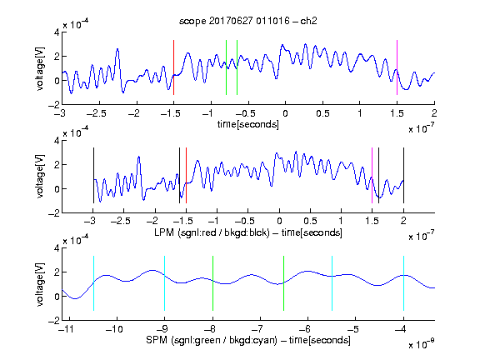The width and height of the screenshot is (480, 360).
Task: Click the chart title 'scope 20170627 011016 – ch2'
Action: (247, 21)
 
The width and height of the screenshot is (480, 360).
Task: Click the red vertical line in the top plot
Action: (173, 67)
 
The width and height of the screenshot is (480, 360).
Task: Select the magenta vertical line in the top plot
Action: (397, 67)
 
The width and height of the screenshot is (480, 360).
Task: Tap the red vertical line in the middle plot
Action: (186, 175)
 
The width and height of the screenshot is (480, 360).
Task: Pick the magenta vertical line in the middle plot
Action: (372, 175)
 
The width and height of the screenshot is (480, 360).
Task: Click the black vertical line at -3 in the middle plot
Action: (93, 175)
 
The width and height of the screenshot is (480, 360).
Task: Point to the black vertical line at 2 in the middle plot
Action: (403, 175)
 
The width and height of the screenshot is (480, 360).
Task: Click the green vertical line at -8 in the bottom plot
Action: (212, 283)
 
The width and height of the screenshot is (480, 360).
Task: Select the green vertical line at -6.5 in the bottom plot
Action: (284, 283)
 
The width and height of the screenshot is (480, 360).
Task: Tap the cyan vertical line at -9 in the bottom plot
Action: (164, 283)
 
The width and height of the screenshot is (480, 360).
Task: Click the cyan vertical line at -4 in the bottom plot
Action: (403, 283)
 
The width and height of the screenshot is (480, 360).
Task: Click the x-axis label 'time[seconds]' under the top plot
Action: (248, 124)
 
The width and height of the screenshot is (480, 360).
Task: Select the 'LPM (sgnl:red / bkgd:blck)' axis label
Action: (212, 232)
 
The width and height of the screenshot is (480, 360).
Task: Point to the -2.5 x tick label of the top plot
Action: (96, 113)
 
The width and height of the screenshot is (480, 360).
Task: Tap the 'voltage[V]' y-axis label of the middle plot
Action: (40, 177)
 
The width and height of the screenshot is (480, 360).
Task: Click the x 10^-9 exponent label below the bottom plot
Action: (421, 344)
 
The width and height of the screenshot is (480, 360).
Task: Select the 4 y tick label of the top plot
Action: (57, 32)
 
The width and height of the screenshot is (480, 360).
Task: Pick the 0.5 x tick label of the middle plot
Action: (310, 221)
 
